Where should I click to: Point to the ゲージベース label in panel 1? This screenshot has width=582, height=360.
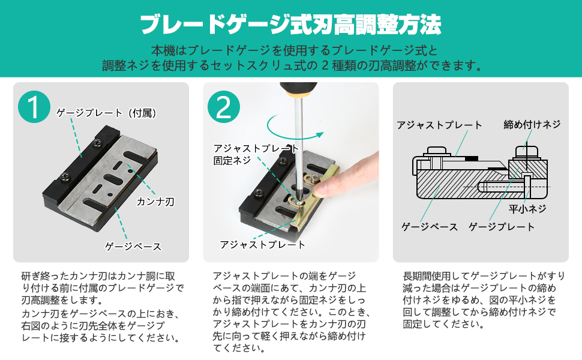(x=133, y=246)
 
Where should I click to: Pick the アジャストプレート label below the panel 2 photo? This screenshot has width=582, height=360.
(x=262, y=244)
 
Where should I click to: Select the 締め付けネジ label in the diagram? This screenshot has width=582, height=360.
(x=532, y=124)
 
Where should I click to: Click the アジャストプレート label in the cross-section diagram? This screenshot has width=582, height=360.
(x=439, y=125)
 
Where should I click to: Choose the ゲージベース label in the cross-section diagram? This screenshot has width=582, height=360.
(x=430, y=227)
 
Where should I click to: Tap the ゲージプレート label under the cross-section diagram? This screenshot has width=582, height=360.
(x=501, y=227)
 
